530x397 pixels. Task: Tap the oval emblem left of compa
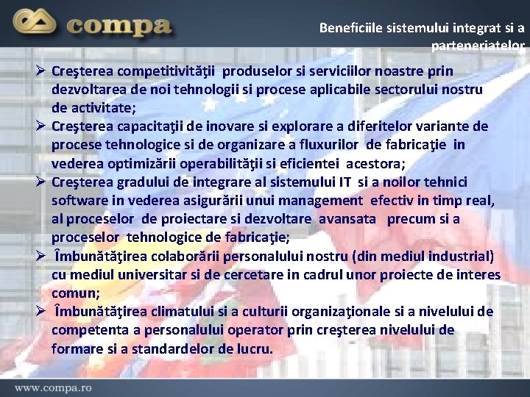click(x=36, y=25)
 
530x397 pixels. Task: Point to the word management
click(x=319, y=200)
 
